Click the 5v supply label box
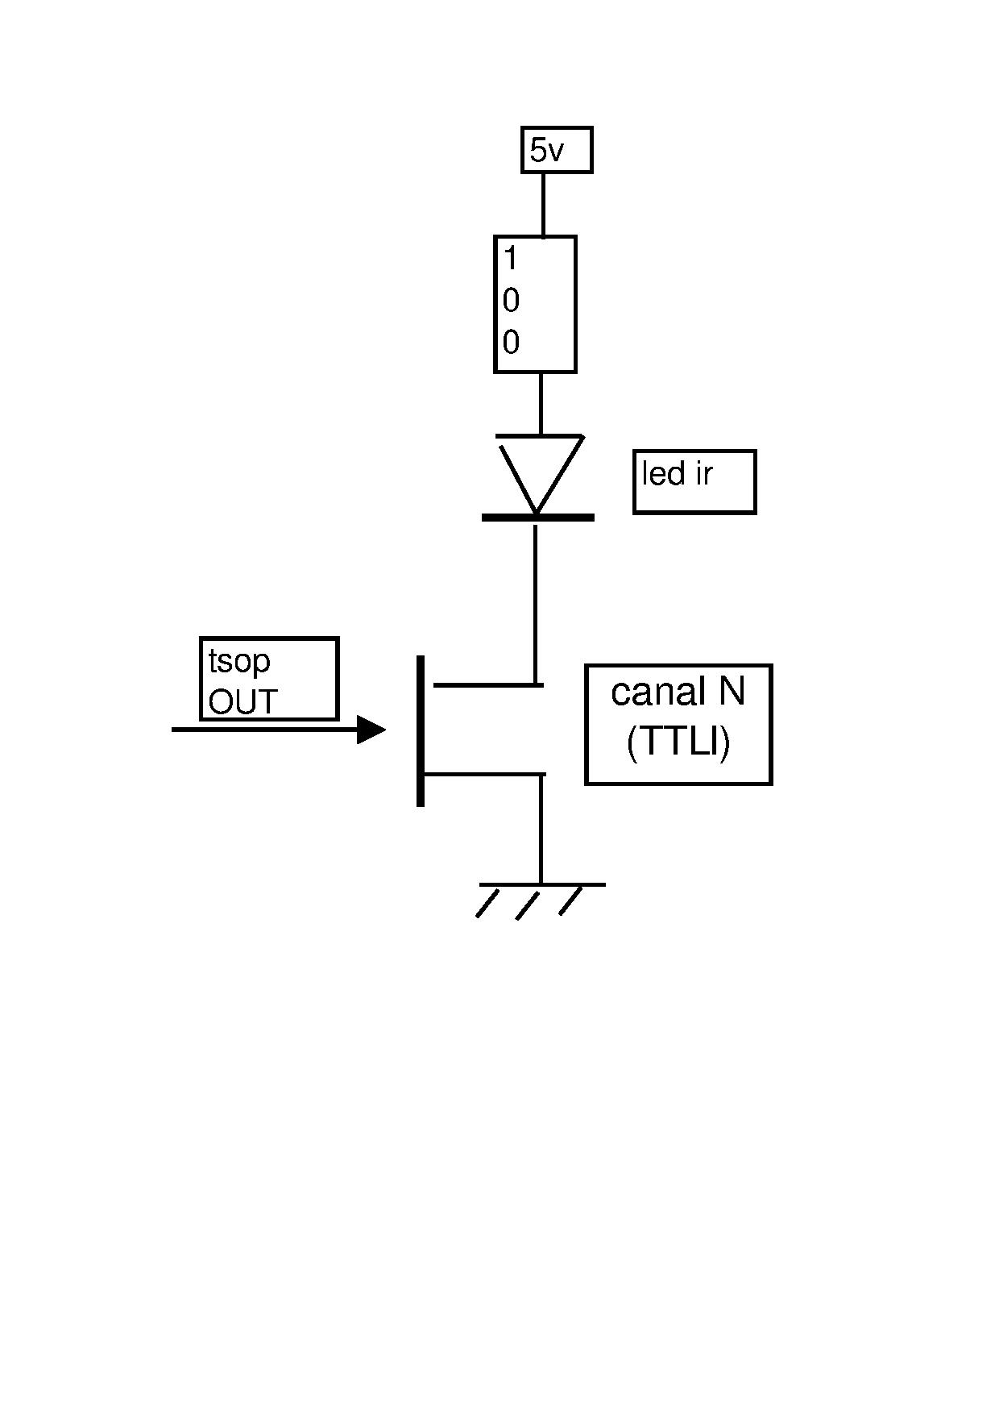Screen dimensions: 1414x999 (557, 150)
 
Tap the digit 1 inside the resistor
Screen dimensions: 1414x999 (510, 260)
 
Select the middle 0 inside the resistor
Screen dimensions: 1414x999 (511, 302)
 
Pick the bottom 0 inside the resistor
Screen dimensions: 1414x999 (511, 343)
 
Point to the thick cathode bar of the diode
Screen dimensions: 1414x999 (538, 518)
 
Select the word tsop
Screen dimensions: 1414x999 (239, 662)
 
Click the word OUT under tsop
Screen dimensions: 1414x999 (242, 703)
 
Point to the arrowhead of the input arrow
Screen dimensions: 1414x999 (371, 730)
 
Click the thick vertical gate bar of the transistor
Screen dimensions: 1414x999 (421, 730)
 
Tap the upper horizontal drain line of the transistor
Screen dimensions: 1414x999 (488, 685)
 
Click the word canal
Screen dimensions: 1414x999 (653, 692)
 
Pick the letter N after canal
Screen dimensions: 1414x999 (732, 692)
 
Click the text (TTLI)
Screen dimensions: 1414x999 (678, 742)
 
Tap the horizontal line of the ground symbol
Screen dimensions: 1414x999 (541, 885)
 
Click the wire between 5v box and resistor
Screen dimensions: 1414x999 (543, 204)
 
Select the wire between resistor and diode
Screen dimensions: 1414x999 (540, 403)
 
